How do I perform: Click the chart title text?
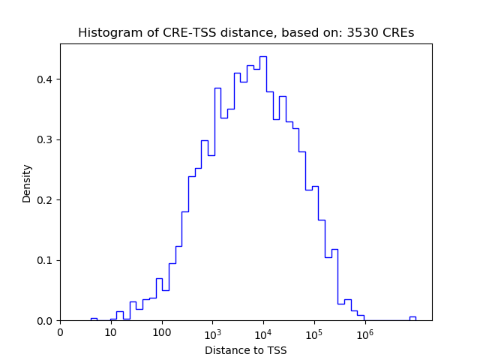point(246,33)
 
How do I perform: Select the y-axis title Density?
point(27,183)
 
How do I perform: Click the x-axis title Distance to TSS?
point(246,350)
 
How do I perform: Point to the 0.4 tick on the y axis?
point(46,79)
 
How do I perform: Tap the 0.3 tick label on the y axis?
point(46,140)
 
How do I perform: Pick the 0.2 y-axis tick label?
point(46,200)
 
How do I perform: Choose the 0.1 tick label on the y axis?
point(46,261)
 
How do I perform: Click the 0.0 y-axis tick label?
point(46,321)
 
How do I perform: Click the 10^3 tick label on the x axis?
point(212,332)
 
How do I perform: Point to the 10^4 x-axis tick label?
point(263,332)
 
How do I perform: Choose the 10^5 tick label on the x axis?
point(313,332)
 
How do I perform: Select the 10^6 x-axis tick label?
point(364,332)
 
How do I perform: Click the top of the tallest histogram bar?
point(263,57)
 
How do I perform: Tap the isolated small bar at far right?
point(412,318)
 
